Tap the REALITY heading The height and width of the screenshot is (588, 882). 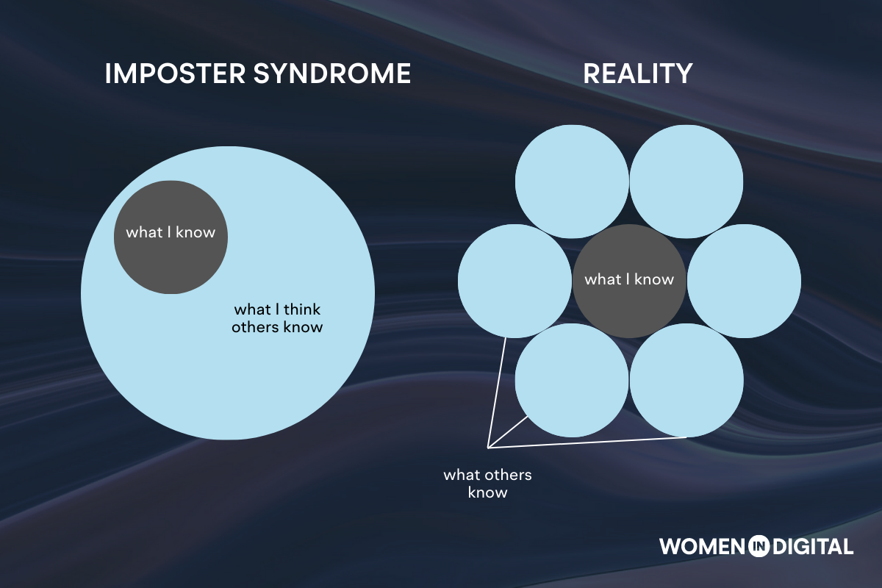(x=638, y=74)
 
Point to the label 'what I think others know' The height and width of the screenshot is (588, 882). (x=277, y=318)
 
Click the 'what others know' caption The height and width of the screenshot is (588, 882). (x=487, y=484)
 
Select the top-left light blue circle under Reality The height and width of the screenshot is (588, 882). (x=572, y=182)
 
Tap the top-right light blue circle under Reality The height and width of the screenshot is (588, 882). (x=686, y=182)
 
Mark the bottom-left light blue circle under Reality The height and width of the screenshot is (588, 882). (x=572, y=381)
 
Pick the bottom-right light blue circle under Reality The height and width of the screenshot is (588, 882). (x=686, y=381)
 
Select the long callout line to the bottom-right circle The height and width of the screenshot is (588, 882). (x=588, y=442)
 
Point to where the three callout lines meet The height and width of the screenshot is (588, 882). (x=489, y=447)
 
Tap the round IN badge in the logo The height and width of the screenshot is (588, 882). (x=758, y=546)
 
